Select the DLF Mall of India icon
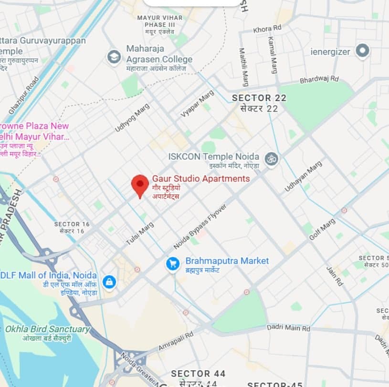109,282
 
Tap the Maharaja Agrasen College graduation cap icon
114,57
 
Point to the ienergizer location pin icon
363,51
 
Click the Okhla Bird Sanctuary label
47,329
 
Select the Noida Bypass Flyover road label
200,226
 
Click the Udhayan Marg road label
303,176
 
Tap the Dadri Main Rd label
288,328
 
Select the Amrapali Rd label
176,341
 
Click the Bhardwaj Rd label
319,79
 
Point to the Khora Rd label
269,30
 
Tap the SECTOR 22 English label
259,98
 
